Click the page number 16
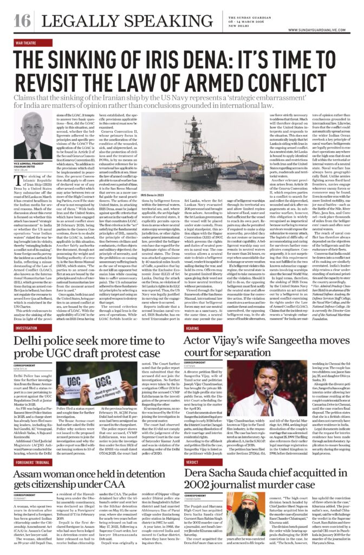22,21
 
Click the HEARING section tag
192,328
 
